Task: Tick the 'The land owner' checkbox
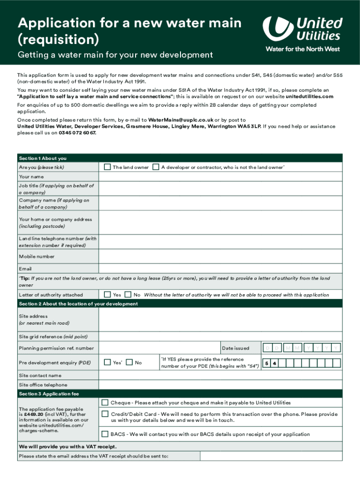[x=108, y=167]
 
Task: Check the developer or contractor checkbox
[x=156, y=167]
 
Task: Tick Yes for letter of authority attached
[x=108, y=295]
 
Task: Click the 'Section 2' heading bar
[x=180, y=304]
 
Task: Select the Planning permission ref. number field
[x=159, y=348]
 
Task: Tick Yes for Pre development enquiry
[x=108, y=363]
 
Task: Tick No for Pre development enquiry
[x=130, y=363]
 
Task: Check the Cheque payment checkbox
[x=105, y=402]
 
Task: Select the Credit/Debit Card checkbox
[x=105, y=414]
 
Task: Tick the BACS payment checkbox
[x=105, y=434]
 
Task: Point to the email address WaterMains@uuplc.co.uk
[x=180, y=120]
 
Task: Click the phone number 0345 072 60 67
[x=78, y=133]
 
